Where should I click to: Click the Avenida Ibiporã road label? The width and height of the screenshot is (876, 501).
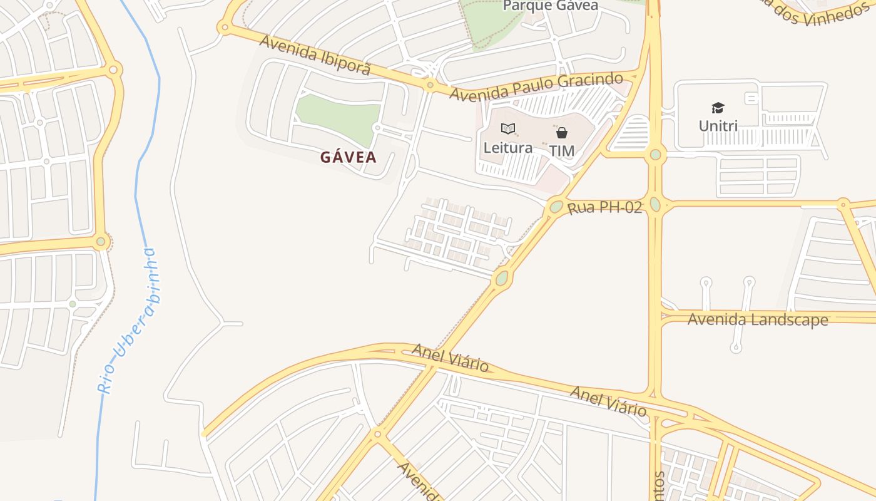point(315,55)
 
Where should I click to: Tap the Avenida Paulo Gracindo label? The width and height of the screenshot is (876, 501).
point(536,87)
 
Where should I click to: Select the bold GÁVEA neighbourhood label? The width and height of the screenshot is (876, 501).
point(349,157)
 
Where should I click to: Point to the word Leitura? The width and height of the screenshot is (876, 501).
point(508,148)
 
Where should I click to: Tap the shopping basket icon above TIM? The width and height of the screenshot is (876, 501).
point(562,132)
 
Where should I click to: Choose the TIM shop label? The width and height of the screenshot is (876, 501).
point(562,151)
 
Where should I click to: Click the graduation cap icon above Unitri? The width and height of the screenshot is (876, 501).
point(718,108)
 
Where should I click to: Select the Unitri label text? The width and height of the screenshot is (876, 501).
point(718,126)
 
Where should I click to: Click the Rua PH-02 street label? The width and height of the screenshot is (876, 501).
point(604,207)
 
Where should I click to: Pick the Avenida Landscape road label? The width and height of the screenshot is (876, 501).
point(758,319)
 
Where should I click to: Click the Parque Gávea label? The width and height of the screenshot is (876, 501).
point(551,6)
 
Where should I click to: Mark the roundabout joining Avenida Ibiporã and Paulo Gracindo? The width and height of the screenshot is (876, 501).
point(430,85)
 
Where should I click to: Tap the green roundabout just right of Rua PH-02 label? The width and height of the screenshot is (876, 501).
point(655,204)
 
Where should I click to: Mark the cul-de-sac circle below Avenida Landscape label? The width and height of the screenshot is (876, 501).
point(736,348)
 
